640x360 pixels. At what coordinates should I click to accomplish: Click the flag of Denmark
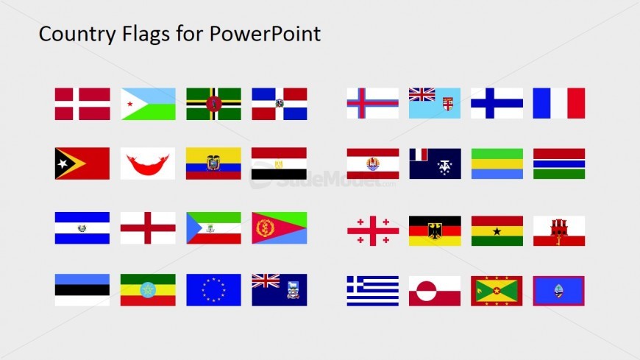click(82, 104)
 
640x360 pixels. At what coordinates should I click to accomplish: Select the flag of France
click(558, 103)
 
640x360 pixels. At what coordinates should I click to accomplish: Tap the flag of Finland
click(497, 103)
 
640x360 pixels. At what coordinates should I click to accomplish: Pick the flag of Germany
click(434, 230)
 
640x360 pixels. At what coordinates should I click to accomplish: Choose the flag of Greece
click(372, 291)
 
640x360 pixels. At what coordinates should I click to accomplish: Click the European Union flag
click(213, 289)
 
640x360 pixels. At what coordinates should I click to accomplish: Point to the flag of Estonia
click(82, 289)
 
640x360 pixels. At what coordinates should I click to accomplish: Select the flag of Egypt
click(279, 163)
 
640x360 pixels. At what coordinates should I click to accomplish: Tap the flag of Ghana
click(497, 230)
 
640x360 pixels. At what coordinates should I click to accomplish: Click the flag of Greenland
click(434, 291)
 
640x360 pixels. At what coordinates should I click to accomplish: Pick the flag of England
click(148, 227)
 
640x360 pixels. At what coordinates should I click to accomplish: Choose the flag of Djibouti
click(148, 104)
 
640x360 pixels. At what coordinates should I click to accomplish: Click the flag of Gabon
click(497, 163)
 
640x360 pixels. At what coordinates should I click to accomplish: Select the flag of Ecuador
click(213, 163)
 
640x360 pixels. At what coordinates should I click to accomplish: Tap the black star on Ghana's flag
click(497, 230)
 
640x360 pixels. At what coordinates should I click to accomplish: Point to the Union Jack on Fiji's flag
click(422, 94)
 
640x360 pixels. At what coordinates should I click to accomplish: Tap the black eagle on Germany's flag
click(434, 230)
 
